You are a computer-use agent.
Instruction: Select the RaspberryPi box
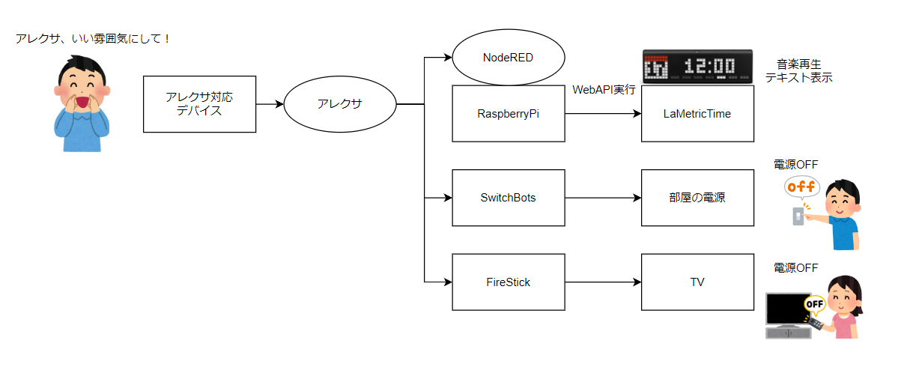pyautogui.click(x=509, y=114)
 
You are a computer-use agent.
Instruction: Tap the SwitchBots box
pyautogui.click(x=509, y=198)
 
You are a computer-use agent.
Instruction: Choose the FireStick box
pyautogui.click(x=509, y=282)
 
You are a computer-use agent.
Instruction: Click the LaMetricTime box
pyautogui.click(x=697, y=114)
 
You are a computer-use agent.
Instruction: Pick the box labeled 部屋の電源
pyautogui.click(x=697, y=198)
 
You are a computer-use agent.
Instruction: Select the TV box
pyautogui.click(x=697, y=282)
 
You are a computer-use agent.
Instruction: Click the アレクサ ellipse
pyautogui.click(x=339, y=104)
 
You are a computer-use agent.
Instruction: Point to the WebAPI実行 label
pyautogui.click(x=604, y=90)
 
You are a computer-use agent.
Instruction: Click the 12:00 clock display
pyautogui.click(x=697, y=66)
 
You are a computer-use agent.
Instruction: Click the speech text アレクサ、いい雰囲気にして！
pyautogui.click(x=94, y=37)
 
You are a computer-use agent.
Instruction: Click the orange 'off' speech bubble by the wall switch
pyautogui.click(x=802, y=186)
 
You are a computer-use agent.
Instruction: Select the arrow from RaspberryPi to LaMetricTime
pyautogui.click(x=603, y=114)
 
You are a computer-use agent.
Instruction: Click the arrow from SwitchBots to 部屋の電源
pyautogui.click(x=603, y=198)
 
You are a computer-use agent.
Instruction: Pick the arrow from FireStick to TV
pyautogui.click(x=603, y=282)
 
